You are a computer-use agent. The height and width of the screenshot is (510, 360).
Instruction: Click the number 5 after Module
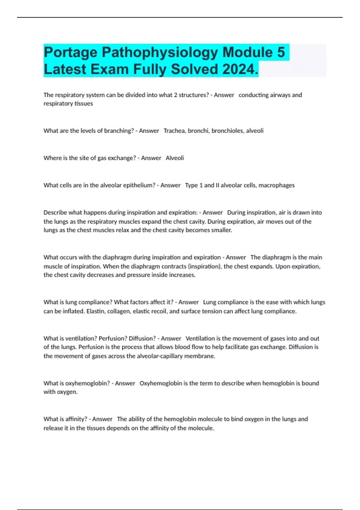click(281, 52)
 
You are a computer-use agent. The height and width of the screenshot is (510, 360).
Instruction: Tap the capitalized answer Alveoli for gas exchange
click(175, 158)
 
